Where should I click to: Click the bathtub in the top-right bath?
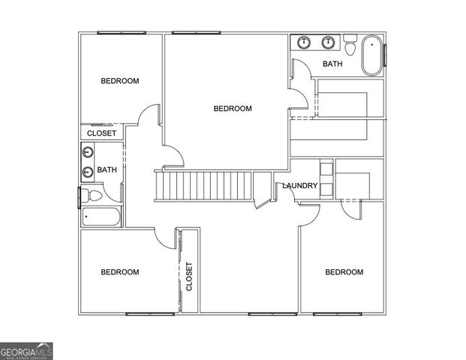pos(371,55)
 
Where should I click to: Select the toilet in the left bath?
pos(92,195)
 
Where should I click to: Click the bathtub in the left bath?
pos(101,217)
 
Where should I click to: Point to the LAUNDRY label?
pos(300,186)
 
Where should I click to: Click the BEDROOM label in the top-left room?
pos(120,81)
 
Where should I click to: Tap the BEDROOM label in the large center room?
pos(233,109)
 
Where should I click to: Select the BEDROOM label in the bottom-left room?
pos(120,272)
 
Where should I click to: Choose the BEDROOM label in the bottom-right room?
pos(344,272)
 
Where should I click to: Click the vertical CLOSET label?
pos(189,276)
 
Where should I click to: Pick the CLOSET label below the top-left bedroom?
pos(101,133)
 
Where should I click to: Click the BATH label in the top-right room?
pos(332,64)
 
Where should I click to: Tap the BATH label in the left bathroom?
pos(107,169)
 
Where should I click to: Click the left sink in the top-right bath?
pos(304,42)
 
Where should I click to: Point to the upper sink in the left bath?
pos(88,153)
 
